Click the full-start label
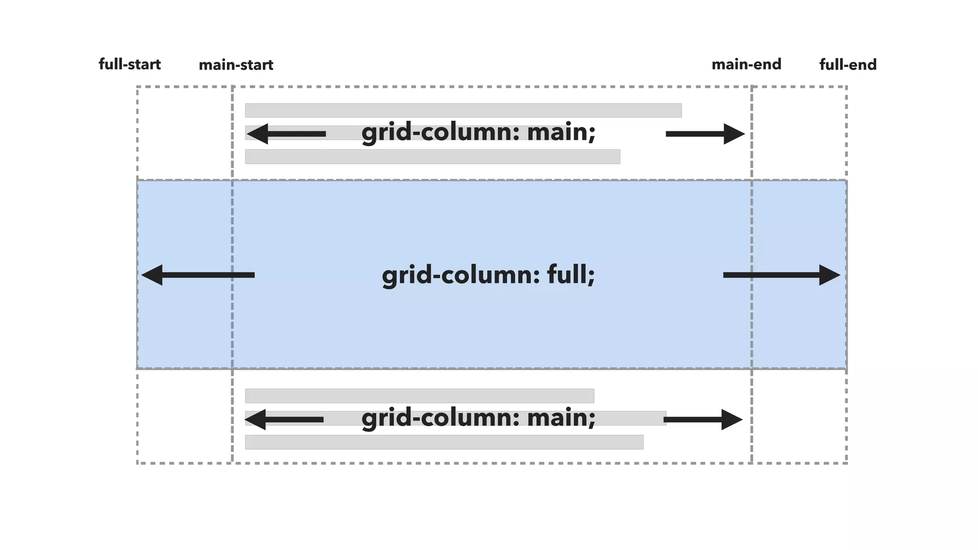[129, 64]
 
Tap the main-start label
[236, 65]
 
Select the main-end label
[746, 64]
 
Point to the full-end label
[848, 65]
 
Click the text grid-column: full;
[489, 275]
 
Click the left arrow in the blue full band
[198, 275]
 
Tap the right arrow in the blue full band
[782, 275]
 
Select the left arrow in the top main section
[286, 134]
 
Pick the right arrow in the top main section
[705, 134]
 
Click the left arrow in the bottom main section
[284, 420]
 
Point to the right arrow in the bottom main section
[703, 420]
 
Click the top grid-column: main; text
[478, 132]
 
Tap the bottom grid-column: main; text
[478, 418]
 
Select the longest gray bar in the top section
[463, 110]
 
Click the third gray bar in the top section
[432, 157]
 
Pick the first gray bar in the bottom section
[419, 396]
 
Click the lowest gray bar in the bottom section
[444, 442]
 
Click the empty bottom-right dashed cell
[799, 416]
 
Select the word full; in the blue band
[571, 275]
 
